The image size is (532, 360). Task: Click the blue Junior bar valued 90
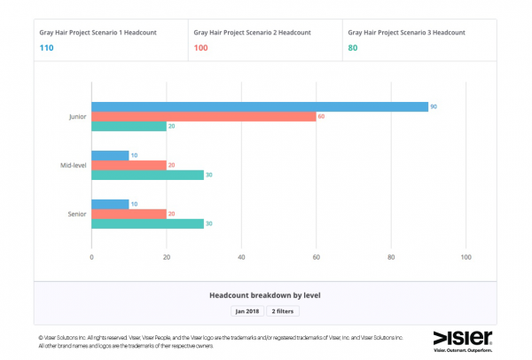click(x=260, y=106)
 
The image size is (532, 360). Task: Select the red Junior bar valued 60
click(x=204, y=116)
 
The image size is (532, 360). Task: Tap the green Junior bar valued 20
click(x=129, y=126)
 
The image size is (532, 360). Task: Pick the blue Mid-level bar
click(x=110, y=155)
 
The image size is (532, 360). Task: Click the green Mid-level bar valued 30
click(x=147, y=175)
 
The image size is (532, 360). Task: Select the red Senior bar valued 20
click(x=129, y=214)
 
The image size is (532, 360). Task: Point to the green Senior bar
click(x=147, y=223)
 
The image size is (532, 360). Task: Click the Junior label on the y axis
click(x=76, y=116)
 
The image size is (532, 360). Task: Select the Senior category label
click(x=76, y=214)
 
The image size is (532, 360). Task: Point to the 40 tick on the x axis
click(x=241, y=258)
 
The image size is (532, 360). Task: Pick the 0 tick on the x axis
click(x=91, y=258)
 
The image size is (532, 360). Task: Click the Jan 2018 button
click(x=246, y=311)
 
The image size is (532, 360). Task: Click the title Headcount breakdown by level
click(x=264, y=293)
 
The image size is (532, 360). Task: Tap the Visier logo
click(x=462, y=338)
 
